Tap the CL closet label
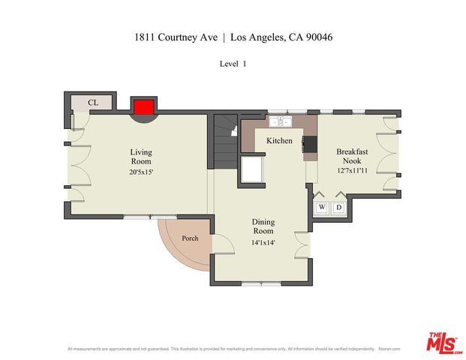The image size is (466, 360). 93,103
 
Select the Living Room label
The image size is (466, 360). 140,156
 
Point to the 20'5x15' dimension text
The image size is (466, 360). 140,172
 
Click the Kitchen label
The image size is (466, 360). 279,140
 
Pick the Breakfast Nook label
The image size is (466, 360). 351,155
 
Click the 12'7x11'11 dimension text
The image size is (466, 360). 351,171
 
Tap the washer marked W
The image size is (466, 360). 321,207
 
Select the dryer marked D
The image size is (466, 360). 338,207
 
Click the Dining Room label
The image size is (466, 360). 263,226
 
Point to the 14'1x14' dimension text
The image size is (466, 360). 263,242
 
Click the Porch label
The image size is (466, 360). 191,238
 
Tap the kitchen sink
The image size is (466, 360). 280,121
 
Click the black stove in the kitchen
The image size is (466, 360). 309,144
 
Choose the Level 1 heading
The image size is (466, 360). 233,64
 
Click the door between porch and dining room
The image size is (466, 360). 215,244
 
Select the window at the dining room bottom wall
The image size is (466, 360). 262,283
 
